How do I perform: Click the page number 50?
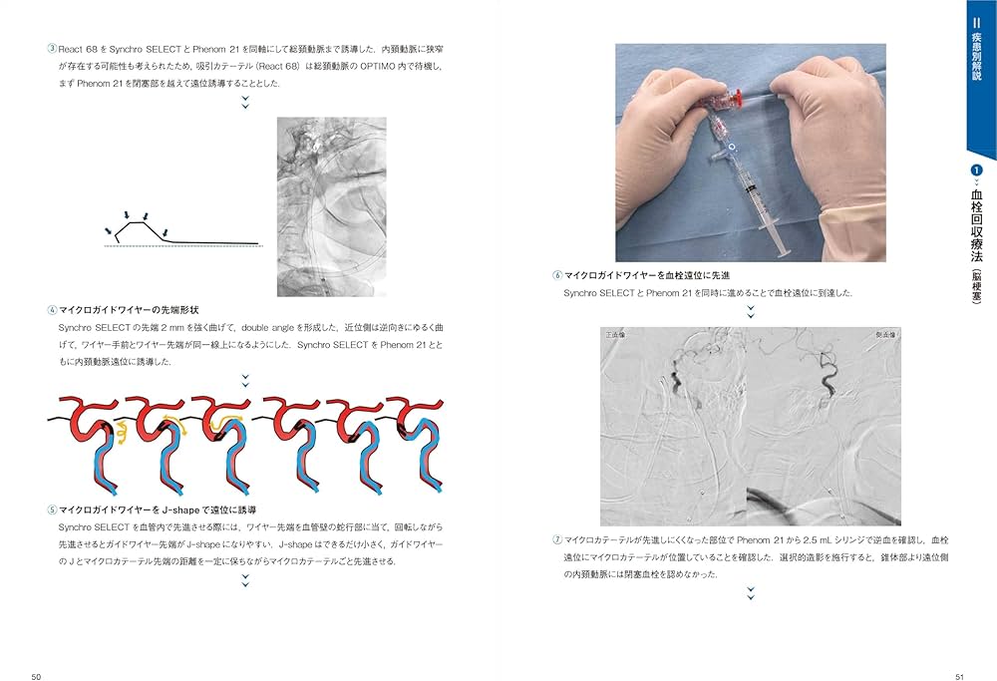36,677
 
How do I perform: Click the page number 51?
960,677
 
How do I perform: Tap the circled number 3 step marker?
52,48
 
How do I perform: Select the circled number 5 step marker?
52,510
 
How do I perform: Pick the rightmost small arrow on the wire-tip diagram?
147,215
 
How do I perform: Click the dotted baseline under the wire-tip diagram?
179,246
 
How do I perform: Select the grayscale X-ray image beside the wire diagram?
331,206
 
